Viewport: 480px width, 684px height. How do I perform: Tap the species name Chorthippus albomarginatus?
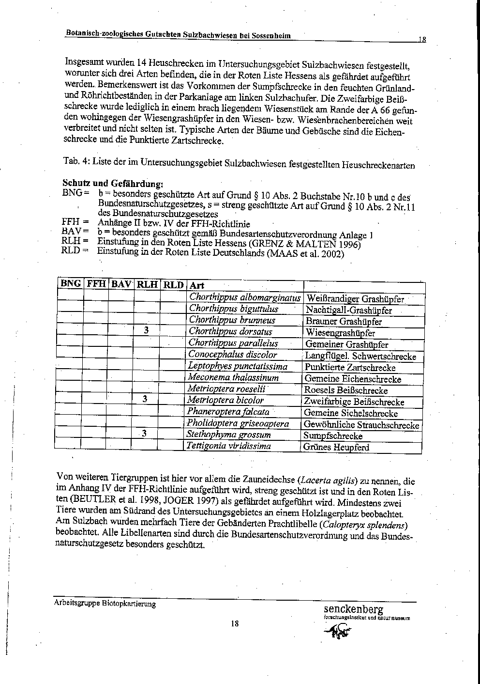pos(245,297)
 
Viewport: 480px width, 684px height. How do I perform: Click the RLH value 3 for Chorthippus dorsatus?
pos(146,331)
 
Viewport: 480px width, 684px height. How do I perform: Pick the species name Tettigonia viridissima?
pos(229,446)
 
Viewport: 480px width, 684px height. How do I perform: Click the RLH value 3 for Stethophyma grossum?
pos(144,434)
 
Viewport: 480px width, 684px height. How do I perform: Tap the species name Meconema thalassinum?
pos(233,377)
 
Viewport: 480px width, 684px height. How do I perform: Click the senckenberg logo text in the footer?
pos(354,609)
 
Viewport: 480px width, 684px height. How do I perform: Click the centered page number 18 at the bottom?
pos(235,623)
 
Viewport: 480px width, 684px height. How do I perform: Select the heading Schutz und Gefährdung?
pos(113,184)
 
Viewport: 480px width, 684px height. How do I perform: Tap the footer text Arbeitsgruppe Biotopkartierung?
pos(105,604)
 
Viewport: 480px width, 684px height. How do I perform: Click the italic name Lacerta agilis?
pos(329,481)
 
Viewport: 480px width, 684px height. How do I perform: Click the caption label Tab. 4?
pos(76,161)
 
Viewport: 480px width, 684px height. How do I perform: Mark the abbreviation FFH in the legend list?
pos(71,223)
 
